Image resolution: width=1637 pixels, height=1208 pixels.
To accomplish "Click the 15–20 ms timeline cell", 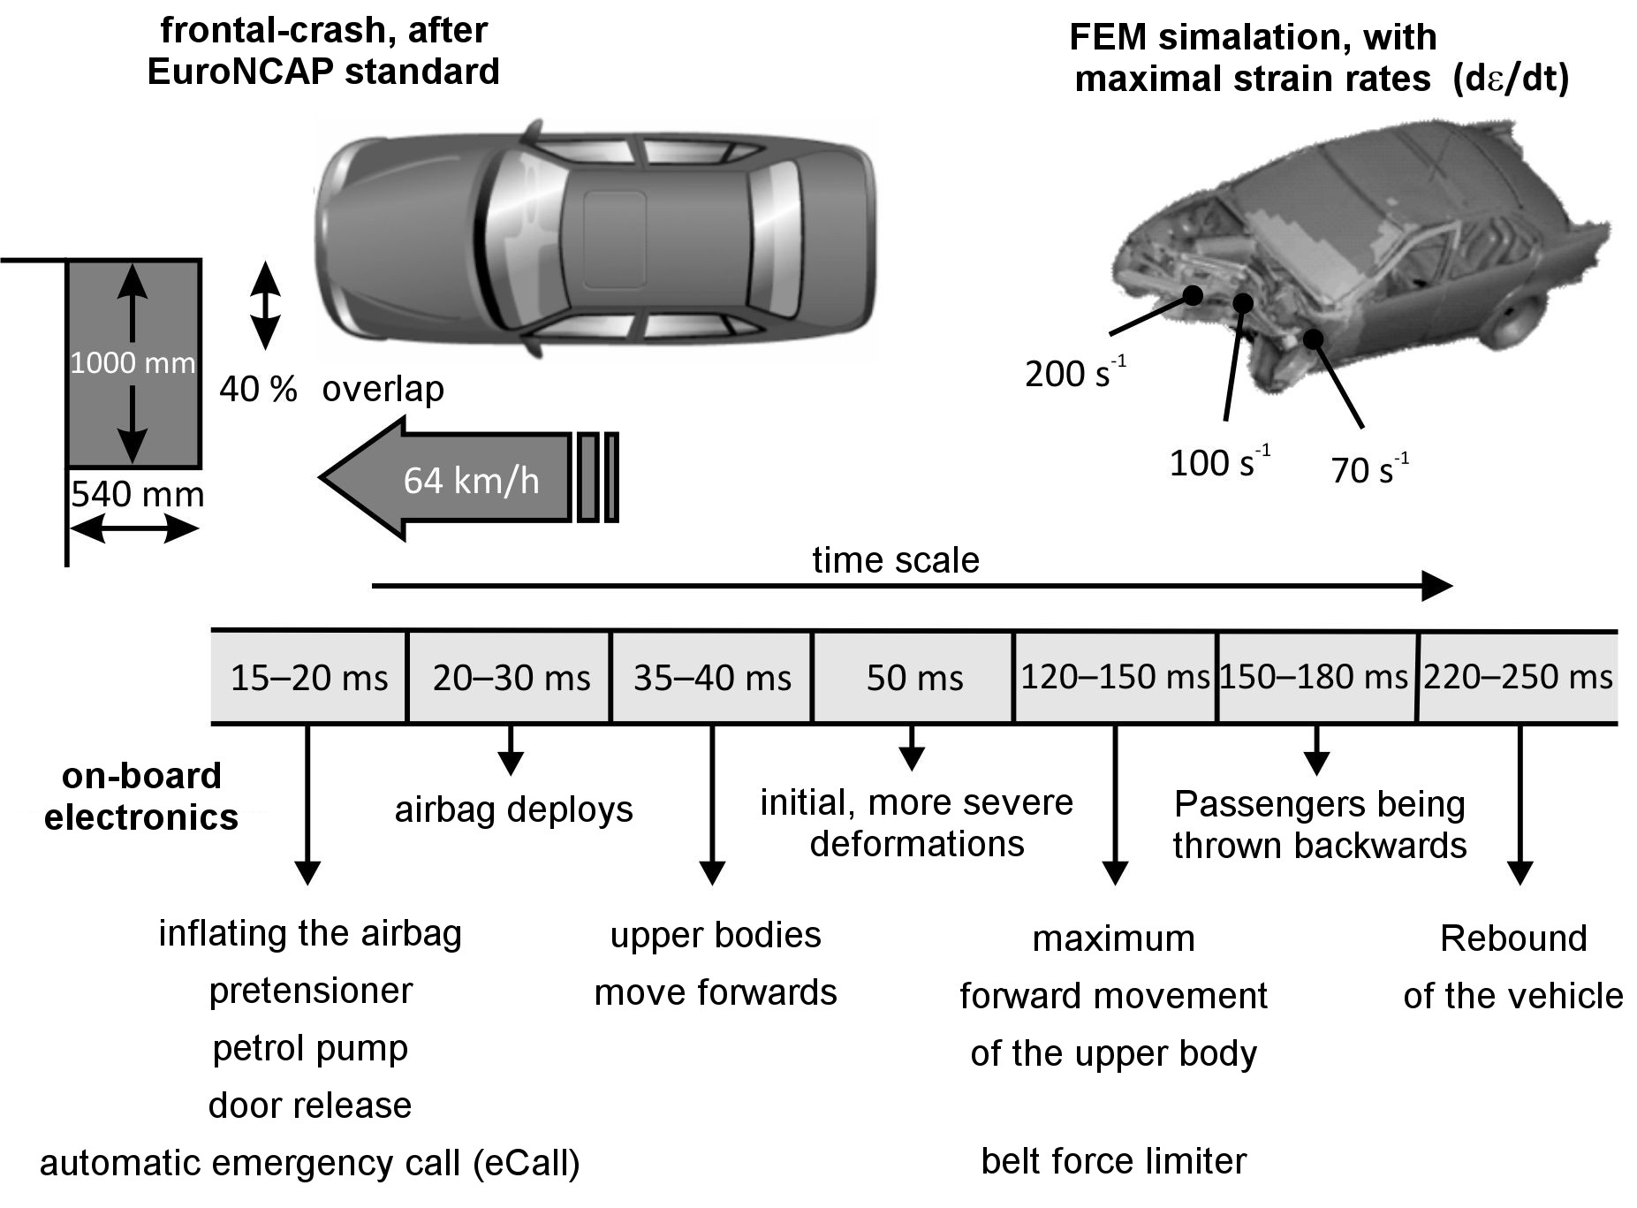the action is (308, 678).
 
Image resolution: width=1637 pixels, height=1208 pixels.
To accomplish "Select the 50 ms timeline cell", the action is (913, 678).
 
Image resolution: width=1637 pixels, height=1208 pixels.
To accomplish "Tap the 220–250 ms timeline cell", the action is (1518, 678).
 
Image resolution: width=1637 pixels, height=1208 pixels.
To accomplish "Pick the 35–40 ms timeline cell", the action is (712, 678).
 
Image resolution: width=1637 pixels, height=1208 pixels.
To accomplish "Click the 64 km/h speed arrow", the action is (468, 478).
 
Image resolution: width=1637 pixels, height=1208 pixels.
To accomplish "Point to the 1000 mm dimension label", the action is (133, 363).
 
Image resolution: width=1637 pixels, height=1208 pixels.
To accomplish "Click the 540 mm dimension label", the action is (137, 494).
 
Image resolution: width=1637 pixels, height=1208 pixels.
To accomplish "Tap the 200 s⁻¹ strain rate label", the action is (1075, 373).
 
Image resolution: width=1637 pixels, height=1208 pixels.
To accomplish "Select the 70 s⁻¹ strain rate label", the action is (1369, 469).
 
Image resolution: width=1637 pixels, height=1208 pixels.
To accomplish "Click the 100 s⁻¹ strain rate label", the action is (1219, 462).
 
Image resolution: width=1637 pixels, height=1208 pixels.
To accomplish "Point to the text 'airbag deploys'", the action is (513, 810).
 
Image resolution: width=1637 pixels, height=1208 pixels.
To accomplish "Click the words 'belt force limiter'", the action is (1113, 1161).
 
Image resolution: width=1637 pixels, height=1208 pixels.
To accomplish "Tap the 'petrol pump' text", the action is (310, 1049).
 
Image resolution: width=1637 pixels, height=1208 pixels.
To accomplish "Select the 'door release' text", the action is (310, 1105).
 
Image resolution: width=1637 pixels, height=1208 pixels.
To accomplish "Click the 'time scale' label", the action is (896, 560).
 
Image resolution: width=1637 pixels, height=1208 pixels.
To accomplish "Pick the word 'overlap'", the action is (383, 389).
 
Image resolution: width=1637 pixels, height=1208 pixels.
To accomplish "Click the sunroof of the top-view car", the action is (614, 239).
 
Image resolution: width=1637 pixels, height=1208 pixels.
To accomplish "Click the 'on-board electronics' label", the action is (141, 796).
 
